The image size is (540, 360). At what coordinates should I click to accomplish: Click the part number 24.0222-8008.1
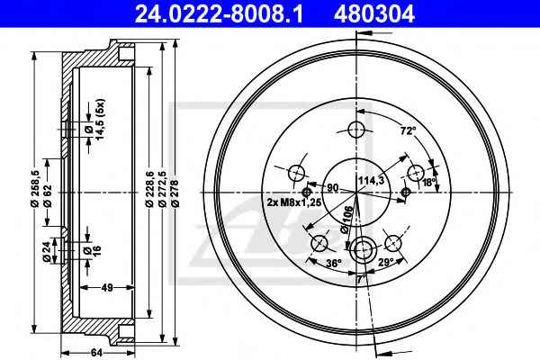tap(219, 14)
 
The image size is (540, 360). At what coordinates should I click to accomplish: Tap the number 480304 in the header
tap(374, 14)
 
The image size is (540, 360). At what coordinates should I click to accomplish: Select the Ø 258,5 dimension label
tap(35, 188)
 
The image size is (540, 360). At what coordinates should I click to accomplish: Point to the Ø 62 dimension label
tap(48, 195)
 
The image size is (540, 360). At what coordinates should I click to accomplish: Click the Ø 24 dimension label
tap(47, 251)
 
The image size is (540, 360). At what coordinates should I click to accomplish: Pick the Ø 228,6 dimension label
tap(149, 189)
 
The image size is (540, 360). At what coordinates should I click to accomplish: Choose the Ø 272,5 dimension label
tap(162, 189)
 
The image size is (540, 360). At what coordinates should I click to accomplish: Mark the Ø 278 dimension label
tap(175, 193)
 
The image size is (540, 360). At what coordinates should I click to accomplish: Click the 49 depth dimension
tap(107, 287)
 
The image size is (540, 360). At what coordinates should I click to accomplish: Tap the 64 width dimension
tap(97, 353)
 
